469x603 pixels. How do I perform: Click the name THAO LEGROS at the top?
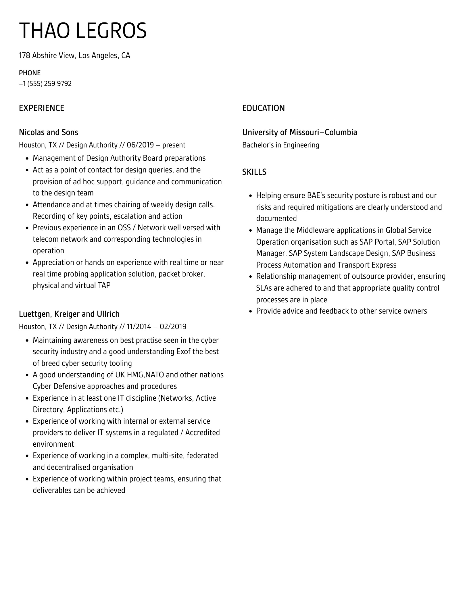click(83, 31)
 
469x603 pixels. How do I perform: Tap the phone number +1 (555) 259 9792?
click(45, 84)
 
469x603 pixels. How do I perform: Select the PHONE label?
click(30, 73)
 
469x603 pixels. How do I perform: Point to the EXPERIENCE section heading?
click(41, 108)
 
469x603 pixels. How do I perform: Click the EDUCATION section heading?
click(263, 108)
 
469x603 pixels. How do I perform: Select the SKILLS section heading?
click(254, 172)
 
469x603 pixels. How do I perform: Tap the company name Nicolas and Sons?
click(48, 132)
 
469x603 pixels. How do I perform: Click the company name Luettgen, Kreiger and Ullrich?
click(69, 314)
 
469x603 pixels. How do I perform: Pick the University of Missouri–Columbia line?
click(299, 132)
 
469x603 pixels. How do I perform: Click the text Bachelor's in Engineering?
click(280, 145)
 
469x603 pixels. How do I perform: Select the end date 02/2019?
click(173, 327)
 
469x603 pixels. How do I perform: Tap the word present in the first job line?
click(174, 145)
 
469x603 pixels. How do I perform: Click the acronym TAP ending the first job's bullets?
click(104, 285)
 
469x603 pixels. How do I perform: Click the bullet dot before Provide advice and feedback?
click(250, 311)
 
